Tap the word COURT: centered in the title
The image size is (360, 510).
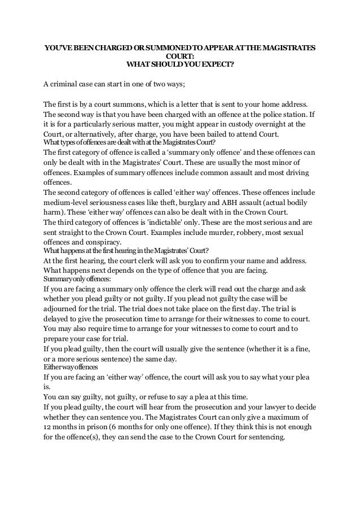(x=180, y=55)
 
